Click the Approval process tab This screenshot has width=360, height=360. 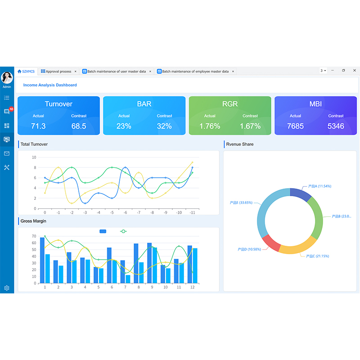(58, 71)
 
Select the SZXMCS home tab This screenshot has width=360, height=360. (26, 71)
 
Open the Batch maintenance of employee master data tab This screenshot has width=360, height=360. (195, 71)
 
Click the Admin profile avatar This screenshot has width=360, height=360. (7, 78)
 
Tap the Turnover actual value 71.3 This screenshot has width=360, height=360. (38, 126)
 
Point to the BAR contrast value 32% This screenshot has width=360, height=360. (164, 126)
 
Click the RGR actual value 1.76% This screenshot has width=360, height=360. (210, 126)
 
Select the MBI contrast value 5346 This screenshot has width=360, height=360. (336, 126)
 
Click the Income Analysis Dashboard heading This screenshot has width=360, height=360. (50, 85)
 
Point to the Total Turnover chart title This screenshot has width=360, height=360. (34, 144)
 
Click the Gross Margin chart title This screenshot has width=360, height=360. (33, 221)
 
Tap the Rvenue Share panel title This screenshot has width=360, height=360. (240, 144)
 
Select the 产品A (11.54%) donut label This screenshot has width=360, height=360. (319, 186)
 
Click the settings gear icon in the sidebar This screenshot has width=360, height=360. (7, 288)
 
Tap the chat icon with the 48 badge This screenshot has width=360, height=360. (7, 112)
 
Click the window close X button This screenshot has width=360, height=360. (355, 71)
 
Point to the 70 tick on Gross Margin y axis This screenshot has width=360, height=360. (34, 236)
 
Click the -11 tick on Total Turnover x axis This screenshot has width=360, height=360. (192, 212)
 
